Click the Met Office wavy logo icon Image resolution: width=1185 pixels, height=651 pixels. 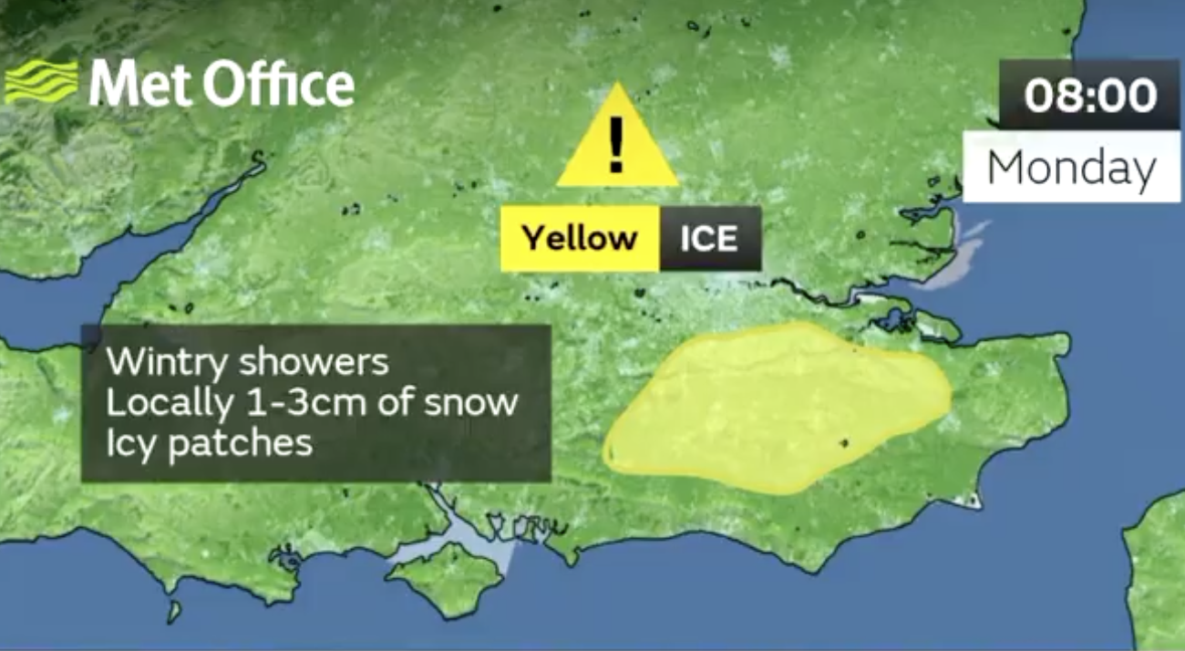[x=41, y=82]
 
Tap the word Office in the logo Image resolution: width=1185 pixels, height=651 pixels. [x=277, y=85]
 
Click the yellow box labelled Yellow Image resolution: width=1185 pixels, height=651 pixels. [x=579, y=238]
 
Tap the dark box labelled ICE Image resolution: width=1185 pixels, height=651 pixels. [x=709, y=238]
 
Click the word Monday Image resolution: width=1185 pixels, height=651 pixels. [x=1071, y=168]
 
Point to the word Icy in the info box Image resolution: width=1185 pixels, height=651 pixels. [x=132, y=443]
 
